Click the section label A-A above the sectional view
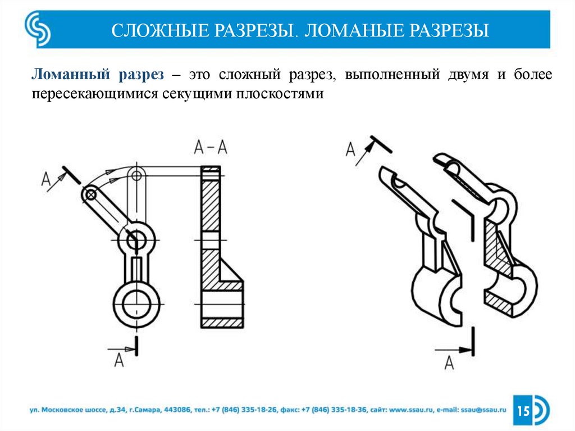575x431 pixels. point(211,147)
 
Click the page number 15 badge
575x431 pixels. point(523,411)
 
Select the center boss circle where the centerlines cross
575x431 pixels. point(135,240)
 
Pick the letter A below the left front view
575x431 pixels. point(118,360)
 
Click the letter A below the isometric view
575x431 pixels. point(449,362)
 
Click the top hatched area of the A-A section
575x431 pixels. point(211,202)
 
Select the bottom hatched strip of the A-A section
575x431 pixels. point(221,323)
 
